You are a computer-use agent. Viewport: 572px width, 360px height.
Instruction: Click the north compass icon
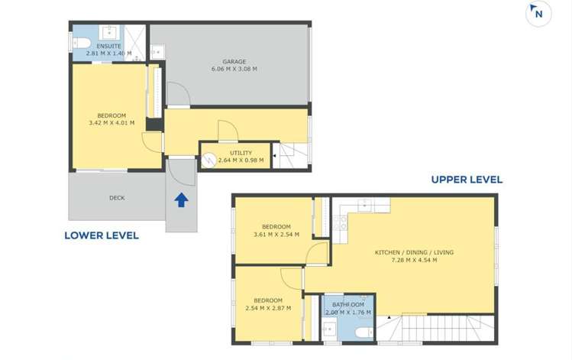538,14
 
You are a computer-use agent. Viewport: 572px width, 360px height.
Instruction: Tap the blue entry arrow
181,200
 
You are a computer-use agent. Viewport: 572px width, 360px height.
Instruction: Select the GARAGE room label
234,61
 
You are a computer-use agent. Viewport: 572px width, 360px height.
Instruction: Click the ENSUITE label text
108,46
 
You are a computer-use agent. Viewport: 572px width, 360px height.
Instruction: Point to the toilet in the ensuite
82,43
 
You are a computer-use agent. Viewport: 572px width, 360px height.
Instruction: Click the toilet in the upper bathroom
364,332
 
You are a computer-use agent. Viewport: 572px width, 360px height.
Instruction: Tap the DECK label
117,198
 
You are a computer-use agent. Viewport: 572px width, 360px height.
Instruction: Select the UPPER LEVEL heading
467,180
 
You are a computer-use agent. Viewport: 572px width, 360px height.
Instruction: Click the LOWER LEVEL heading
102,235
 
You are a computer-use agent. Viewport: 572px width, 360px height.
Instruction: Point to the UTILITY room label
241,153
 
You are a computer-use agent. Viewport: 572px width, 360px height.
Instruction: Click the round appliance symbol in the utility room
208,160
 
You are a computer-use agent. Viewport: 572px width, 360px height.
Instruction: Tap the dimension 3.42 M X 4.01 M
111,123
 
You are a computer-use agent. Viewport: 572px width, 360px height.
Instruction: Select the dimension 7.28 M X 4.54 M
414,260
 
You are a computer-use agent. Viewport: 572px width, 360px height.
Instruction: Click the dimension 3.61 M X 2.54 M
276,235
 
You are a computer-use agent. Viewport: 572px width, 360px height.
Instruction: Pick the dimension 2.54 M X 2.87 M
269,308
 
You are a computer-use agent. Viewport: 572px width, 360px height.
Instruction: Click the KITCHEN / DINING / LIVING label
415,252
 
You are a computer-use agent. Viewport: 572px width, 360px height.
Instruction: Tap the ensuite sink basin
109,33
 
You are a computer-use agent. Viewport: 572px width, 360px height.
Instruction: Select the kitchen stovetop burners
340,222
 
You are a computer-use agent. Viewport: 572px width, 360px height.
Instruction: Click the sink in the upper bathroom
330,329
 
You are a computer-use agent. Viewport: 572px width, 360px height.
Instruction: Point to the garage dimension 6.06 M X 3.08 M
234,69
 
